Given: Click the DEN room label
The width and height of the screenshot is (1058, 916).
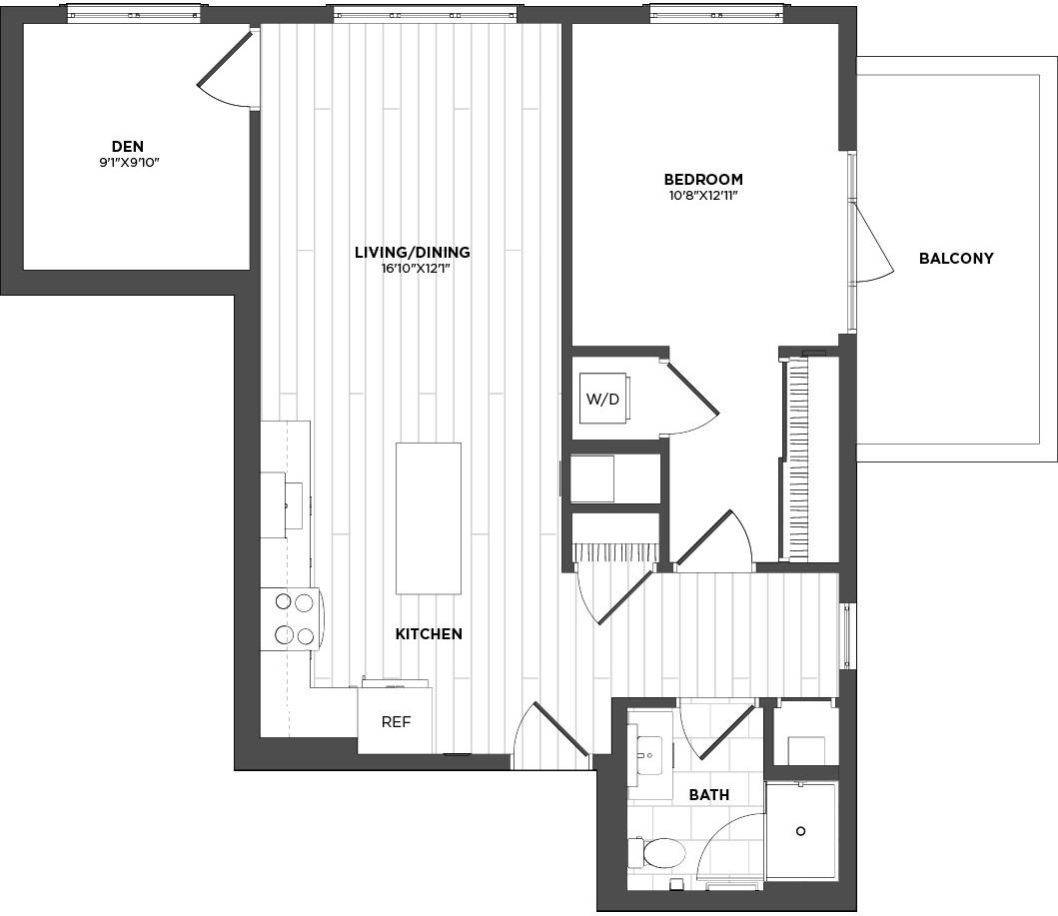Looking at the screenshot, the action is [128, 147].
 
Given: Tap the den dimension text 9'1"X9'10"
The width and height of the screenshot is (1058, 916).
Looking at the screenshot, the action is [129, 163].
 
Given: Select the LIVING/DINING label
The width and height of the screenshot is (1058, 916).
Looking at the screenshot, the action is [413, 253].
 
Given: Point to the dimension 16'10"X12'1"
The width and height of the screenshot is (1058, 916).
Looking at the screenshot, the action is [413, 269].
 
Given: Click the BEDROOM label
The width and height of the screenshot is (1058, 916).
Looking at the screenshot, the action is [703, 180].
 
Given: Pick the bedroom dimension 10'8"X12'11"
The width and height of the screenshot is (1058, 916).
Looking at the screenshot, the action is [703, 196].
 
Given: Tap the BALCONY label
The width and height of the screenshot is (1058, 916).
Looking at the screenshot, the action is [956, 259].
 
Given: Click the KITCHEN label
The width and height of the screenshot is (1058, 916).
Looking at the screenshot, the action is [429, 634].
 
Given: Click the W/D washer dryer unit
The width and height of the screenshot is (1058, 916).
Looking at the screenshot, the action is [603, 399].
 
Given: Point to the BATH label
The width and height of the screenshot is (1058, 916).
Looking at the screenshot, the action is [709, 795].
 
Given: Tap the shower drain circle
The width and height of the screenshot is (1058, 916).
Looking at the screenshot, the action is [801, 831].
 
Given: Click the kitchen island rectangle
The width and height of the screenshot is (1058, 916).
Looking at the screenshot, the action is [429, 518].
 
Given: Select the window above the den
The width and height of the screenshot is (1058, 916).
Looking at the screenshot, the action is [134, 14].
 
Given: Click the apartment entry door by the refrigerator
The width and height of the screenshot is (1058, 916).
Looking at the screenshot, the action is [550, 736].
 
